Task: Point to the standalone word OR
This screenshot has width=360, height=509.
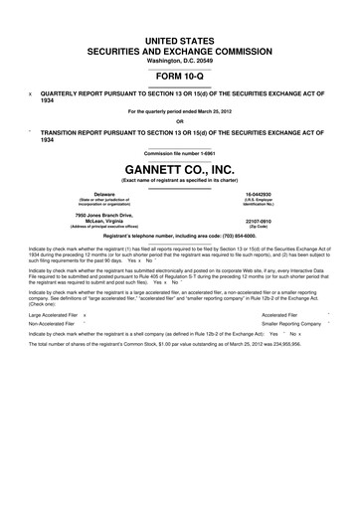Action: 179,121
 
